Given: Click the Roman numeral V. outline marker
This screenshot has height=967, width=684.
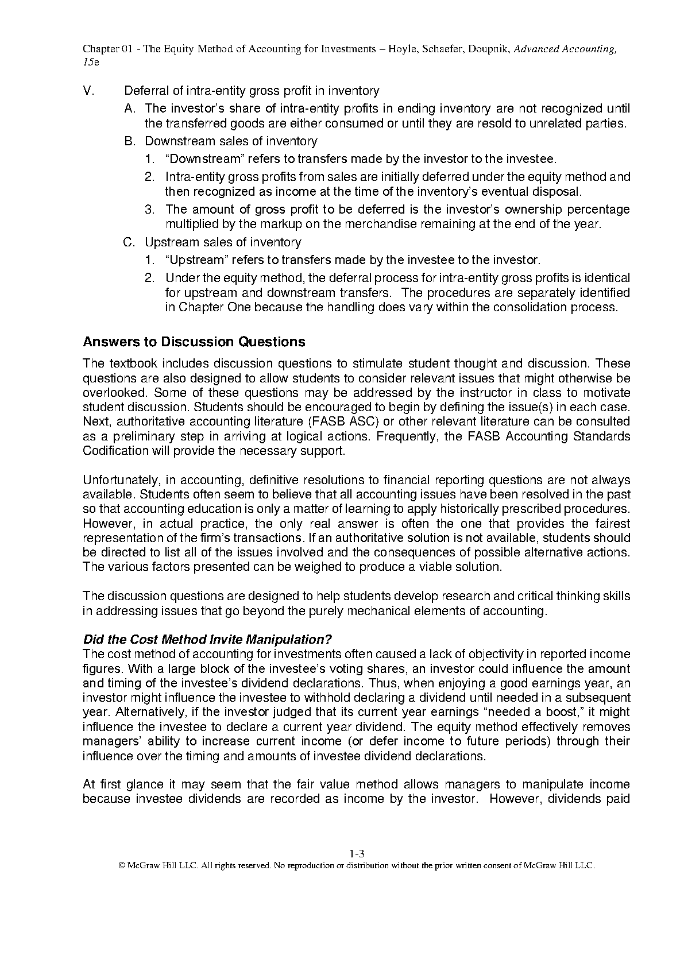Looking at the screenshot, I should click(88, 91).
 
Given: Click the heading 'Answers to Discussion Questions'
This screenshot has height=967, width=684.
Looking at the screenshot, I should click(194, 342).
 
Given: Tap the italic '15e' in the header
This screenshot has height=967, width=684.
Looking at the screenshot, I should click(91, 63).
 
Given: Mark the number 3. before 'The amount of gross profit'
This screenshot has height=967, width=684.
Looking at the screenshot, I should click(150, 210).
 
